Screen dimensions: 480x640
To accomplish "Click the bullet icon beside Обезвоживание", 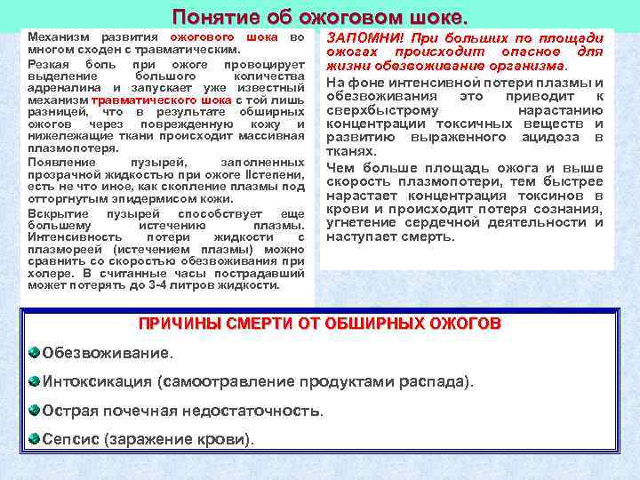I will pos(34,352).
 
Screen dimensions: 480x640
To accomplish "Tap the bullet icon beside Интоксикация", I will pos(34,381).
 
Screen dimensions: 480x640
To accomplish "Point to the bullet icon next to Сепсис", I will pos(34,439).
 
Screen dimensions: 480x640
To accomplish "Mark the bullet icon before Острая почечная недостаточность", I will pos(34,410).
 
